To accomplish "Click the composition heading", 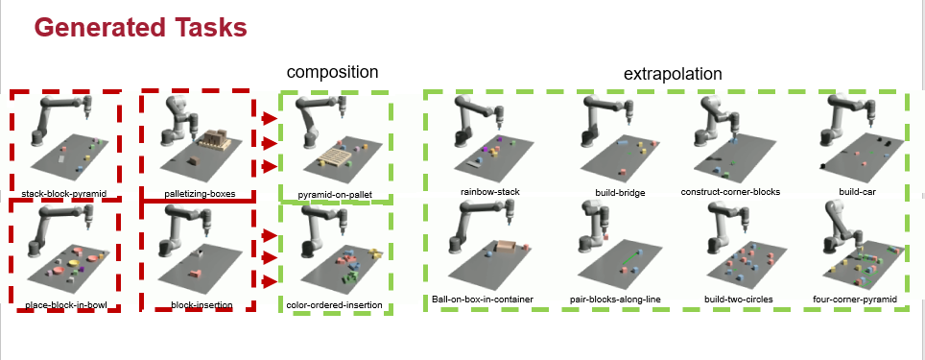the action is [332, 72].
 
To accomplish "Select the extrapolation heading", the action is [673, 74].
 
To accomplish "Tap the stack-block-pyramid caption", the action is [63, 193].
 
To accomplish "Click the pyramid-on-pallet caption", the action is [335, 195].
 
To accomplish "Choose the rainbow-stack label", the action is [490, 192].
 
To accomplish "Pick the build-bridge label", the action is [620, 192].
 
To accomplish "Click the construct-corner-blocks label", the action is [730, 192].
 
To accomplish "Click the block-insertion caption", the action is [202, 305].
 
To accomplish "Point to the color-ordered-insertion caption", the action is [334, 305].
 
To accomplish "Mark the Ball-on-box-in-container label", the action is [483, 300].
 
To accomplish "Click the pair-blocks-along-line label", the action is [615, 300].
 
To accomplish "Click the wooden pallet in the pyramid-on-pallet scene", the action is [332, 157].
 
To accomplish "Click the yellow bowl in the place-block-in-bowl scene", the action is [74, 263].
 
